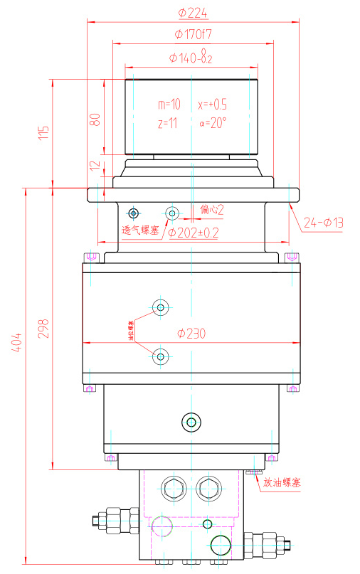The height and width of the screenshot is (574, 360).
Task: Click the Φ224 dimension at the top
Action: coord(191,12)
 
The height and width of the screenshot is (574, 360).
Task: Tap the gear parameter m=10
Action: coord(169,104)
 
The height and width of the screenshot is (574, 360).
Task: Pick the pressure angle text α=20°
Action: coord(213,122)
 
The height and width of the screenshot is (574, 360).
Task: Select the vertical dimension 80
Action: coord(95,119)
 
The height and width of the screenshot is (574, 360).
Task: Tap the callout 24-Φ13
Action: coord(323,223)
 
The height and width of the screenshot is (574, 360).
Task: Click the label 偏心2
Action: coord(212,209)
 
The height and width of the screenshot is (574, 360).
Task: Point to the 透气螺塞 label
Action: coord(139,230)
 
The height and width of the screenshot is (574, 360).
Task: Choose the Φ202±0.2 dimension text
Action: coord(193,232)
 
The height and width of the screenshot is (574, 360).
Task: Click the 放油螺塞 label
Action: coord(282,482)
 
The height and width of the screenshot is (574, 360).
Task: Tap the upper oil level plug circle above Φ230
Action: coord(162,307)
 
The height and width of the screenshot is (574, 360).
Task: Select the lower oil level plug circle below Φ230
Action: coord(162,356)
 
